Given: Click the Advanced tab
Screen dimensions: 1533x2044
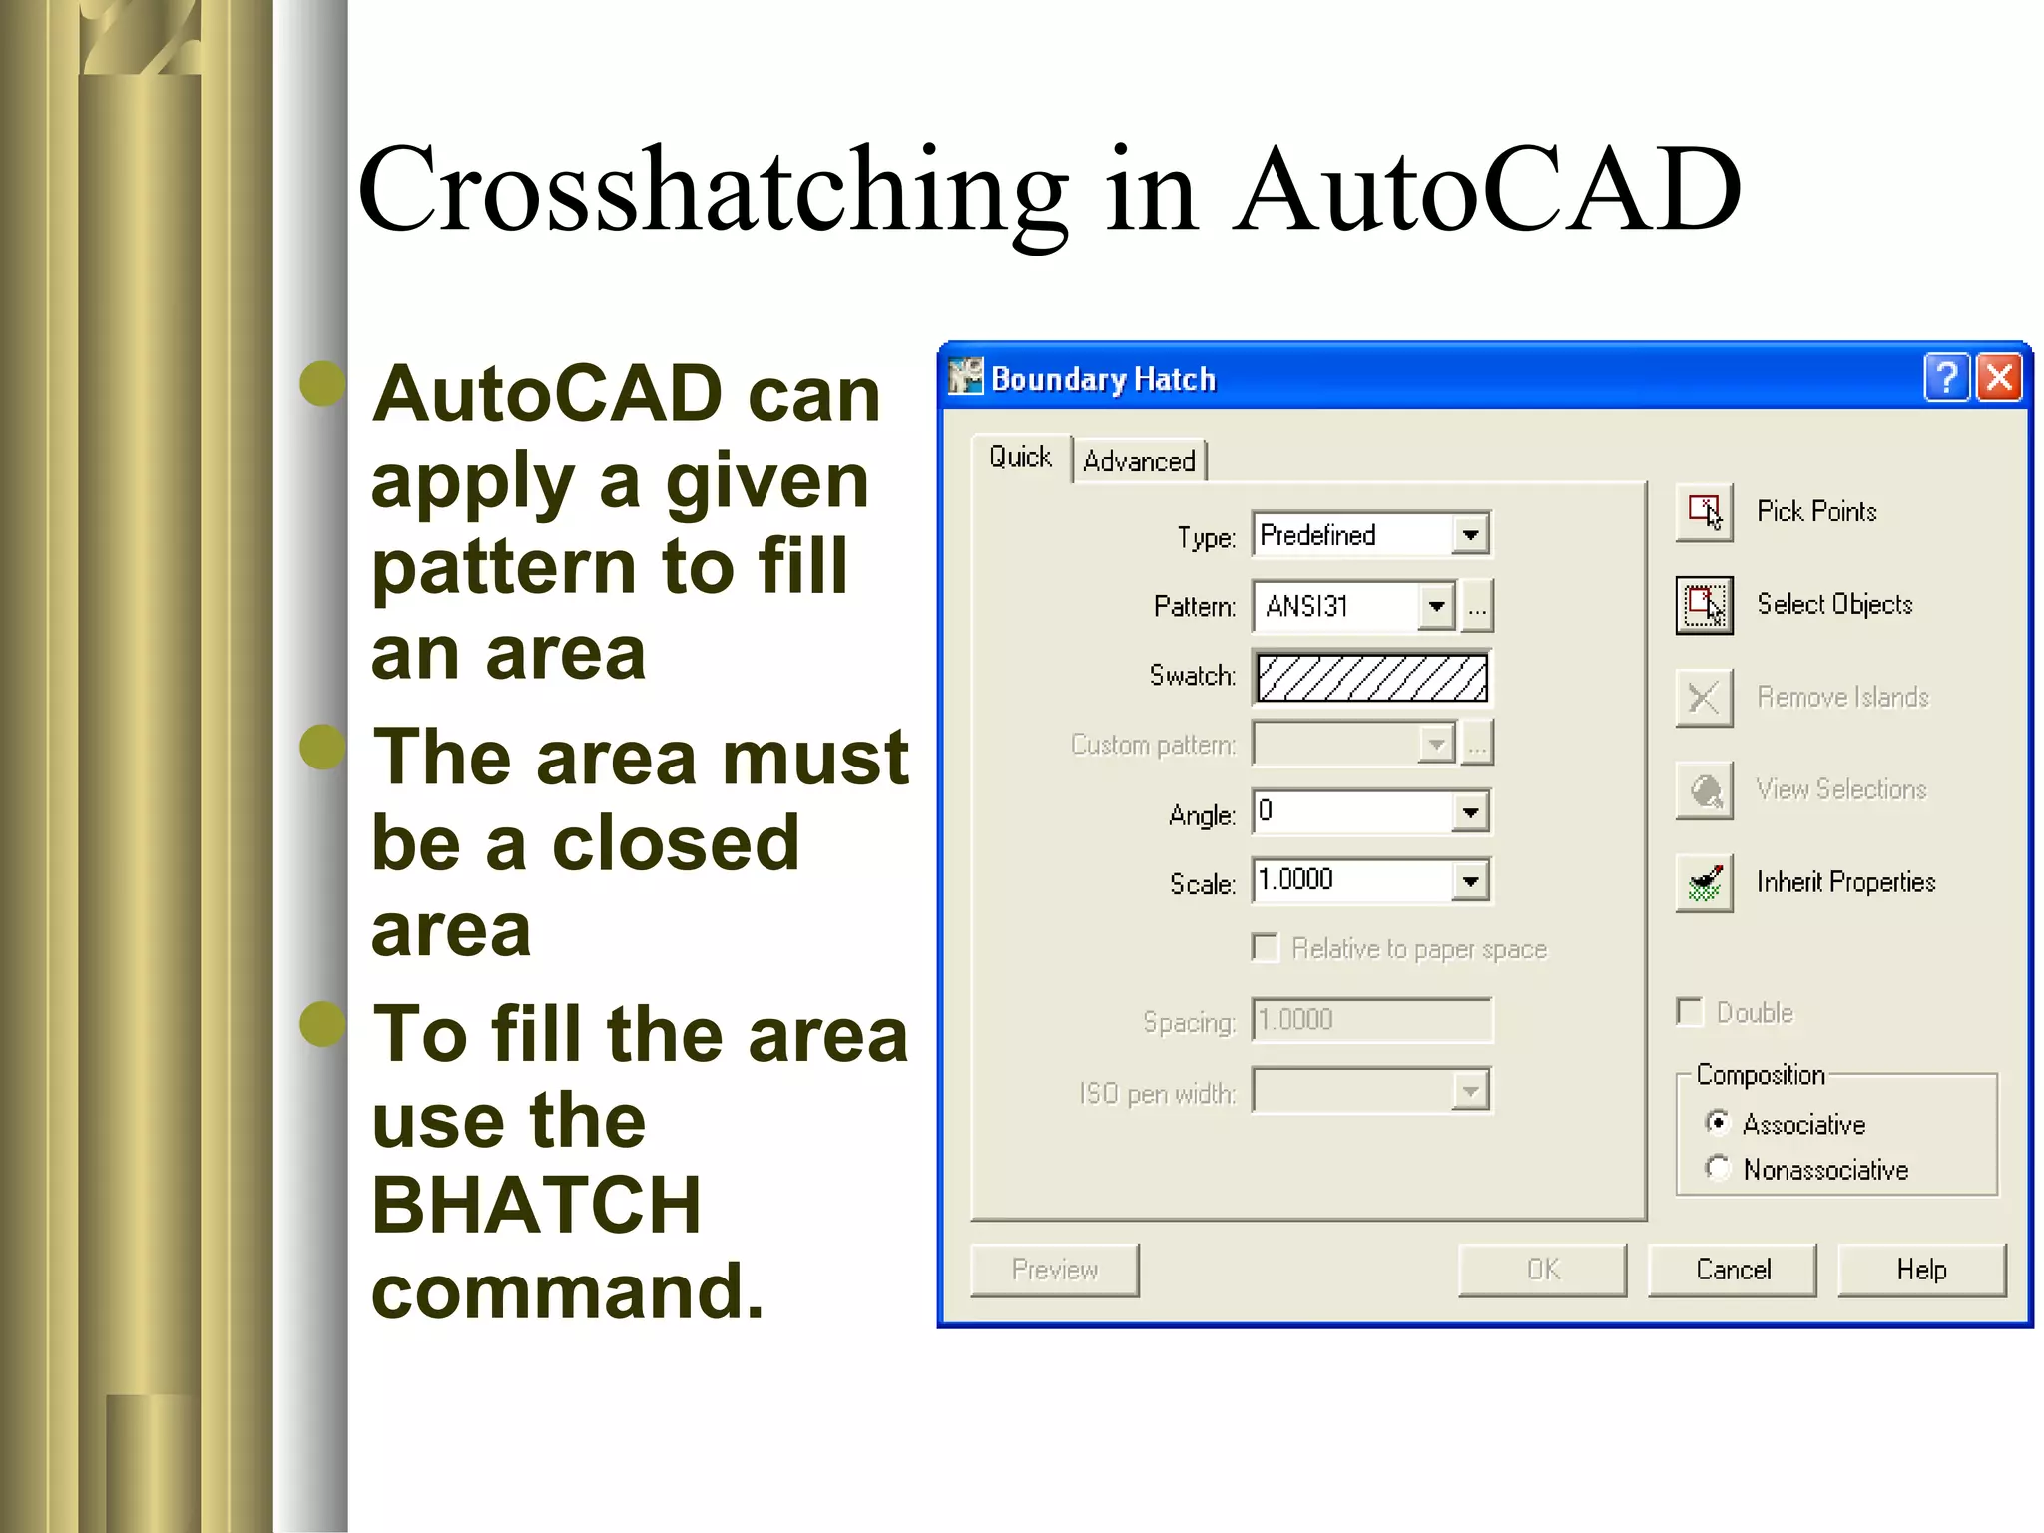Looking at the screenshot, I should (x=1139, y=461).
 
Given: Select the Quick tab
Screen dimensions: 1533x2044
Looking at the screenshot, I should (x=1020, y=457).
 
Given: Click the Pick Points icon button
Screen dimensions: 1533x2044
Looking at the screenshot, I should (x=1704, y=512).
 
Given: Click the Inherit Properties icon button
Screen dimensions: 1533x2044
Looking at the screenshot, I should (x=1704, y=883).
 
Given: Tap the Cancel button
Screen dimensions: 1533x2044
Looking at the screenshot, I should (x=1733, y=1270).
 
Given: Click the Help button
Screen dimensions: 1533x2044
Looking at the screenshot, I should (x=1921, y=1270).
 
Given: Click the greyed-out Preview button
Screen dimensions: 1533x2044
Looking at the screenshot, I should (x=1054, y=1270).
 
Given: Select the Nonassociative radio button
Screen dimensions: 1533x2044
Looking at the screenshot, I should (x=1717, y=1168).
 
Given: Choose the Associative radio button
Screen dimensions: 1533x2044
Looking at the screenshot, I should (x=1717, y=1123).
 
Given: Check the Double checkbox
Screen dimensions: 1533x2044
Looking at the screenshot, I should (x=1690, y=1012).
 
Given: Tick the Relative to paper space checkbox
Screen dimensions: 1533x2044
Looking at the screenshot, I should (x=1265, y=948).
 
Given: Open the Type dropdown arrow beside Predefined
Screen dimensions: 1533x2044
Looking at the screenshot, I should (x=1470, y=535).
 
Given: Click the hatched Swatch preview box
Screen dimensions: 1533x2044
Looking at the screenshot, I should (x=1371, y=678).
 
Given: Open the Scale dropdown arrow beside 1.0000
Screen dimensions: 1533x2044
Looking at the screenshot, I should (x=1470, y=881).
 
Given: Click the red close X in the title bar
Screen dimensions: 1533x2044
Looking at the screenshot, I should (x=1999, y=378).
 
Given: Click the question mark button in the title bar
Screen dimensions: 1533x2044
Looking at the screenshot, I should (x=1946, y=378).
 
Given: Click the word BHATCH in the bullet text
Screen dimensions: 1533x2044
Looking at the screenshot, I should (x=537, y=1205).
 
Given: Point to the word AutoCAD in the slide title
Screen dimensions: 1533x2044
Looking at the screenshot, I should (x=1486, y=190).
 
